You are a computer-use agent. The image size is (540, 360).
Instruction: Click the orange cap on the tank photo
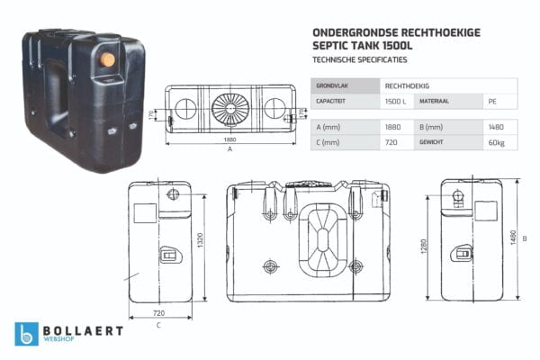[x=107, y=59]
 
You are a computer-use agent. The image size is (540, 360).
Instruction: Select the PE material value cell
[x=490, y=102]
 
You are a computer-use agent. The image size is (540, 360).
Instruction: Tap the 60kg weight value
[x=495, y=142]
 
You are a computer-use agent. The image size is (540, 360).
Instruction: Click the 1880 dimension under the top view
[x=230, y=141]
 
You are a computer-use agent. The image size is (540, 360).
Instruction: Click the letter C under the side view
[x=158, y=324]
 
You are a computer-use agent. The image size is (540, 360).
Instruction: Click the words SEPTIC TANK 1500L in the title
[x=357, y=45]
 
